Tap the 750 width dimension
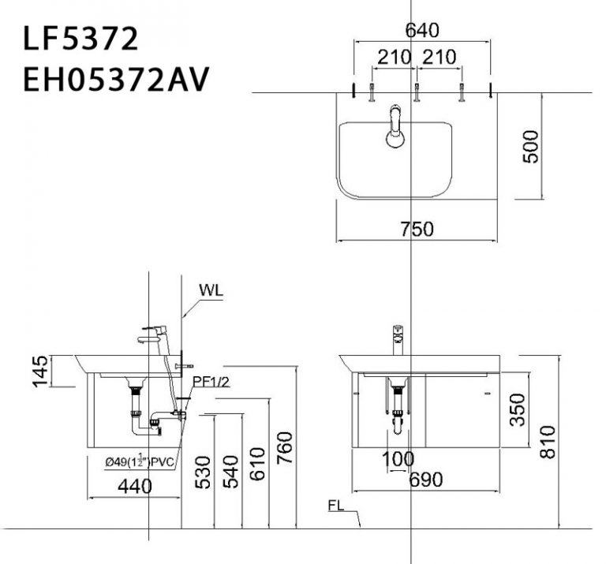(417, 229)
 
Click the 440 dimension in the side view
(134, 487)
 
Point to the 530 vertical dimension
(204, 472)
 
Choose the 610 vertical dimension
(258, 472)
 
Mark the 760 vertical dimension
(285, 448)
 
